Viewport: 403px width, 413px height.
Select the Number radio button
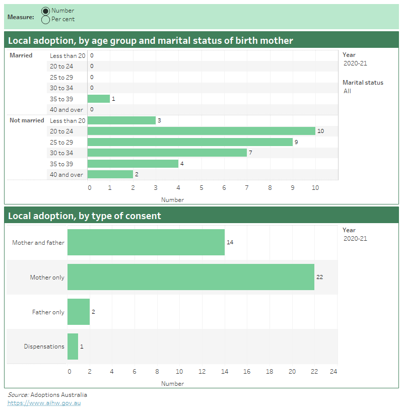46,11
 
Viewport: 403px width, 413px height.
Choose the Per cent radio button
46,20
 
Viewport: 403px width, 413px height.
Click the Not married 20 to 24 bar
201,131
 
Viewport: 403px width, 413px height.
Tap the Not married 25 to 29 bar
190,142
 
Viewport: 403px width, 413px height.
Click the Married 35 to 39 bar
99,99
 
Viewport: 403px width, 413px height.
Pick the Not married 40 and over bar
110,174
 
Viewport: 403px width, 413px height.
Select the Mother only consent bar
190,277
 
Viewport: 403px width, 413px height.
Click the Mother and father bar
146,242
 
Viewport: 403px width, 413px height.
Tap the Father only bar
79,312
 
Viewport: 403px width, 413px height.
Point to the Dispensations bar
73,347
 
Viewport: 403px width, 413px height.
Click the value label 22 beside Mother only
319,277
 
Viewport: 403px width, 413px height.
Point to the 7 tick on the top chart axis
247,188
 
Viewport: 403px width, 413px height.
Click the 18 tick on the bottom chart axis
270,372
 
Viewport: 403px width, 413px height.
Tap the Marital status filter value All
348,91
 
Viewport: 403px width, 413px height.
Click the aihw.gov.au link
44,403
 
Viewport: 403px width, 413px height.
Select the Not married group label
27,120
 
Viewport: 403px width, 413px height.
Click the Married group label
21,55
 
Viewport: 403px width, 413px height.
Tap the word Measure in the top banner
21,17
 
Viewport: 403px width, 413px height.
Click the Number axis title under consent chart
172,384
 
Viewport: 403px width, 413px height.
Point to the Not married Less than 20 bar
121,120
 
